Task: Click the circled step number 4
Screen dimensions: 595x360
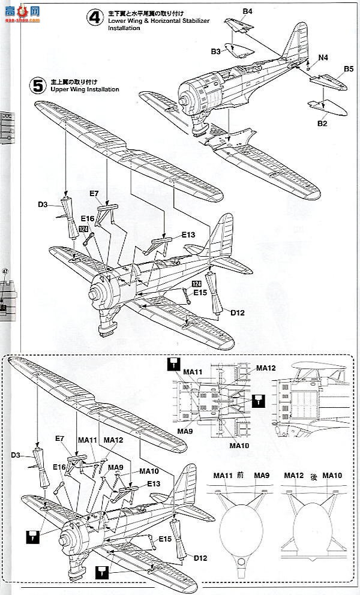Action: pos(94,17)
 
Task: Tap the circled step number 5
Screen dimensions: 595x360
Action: pos(38,85)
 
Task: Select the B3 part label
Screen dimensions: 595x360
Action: pos(216,52)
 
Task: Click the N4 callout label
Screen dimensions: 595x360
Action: pos(323,58)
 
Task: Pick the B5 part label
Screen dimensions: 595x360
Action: pos(348,70)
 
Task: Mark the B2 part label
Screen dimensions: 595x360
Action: pos(322,124)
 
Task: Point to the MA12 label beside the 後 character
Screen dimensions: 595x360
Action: pos(294,476)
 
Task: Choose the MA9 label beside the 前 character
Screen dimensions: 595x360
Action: pos(262,476)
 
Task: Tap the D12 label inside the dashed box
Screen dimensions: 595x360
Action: pos(200,558)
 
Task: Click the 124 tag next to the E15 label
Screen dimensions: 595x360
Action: pos(196,284)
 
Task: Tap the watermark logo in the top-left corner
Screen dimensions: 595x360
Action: pos(20,12)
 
